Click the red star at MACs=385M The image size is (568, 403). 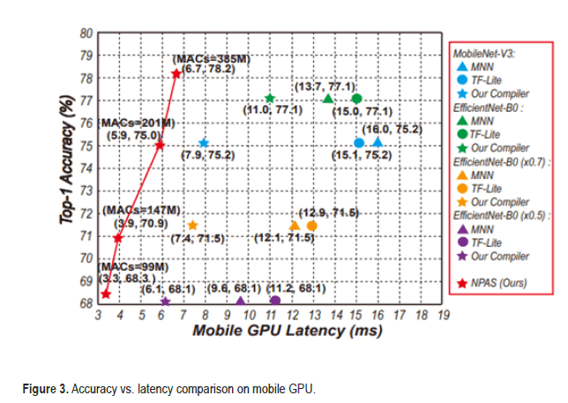pyautogui.click(x=176, y=73)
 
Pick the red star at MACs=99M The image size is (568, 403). pyautogui.click(x=105, y=294)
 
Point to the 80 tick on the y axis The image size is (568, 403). pyautogui.click(x=86, y=34)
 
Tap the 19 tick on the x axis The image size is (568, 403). pyautogui.click(x=442, y=315)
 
